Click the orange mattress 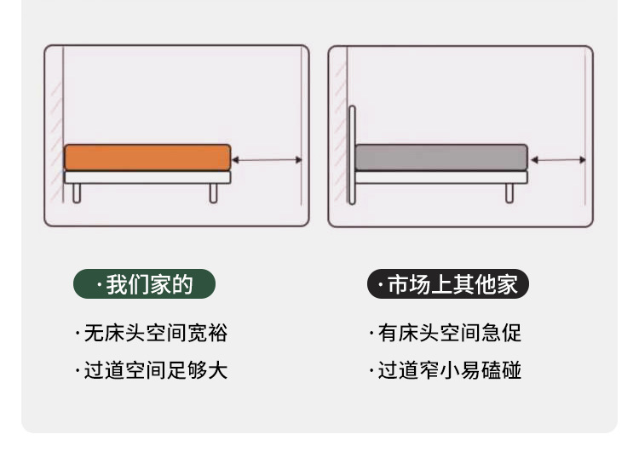click(x=147, y=157)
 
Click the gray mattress click(x=440, y=157)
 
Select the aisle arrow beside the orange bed click(x=267, y=159)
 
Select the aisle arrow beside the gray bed click(x=558, y=159)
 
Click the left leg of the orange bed click(x=77, y=193)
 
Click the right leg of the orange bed click(x=213, y=193)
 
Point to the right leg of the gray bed click(x=509, y=193)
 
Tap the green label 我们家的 click(x=144, y=284)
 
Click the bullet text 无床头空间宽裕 click(x=152, y=333)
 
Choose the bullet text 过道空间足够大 click(x=152, y=370)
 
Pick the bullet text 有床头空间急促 click(x=446, y=333)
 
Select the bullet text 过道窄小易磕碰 click(x=446, y=370)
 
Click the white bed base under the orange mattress click(x=147, y=177)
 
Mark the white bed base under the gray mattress click(x=440, y=177)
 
